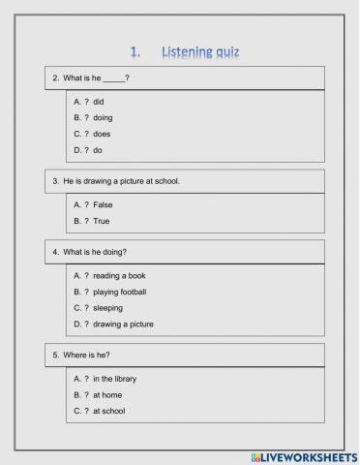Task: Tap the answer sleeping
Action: click(108, 308)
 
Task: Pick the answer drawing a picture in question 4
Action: click(123, 325)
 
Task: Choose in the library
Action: click(114, 378)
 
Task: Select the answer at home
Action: click(107, 394)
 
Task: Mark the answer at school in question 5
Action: click(109, 411)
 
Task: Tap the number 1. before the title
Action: click(135, 51)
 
